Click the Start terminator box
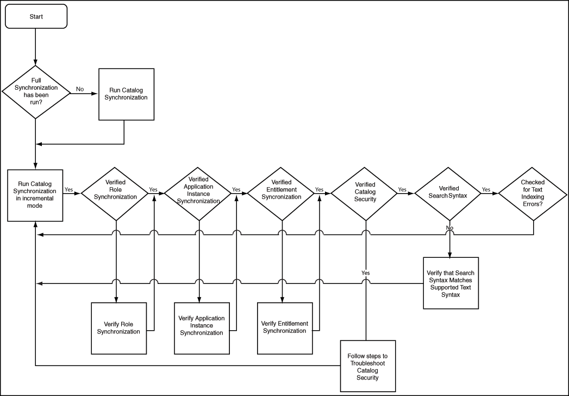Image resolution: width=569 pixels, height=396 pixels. point(36,16)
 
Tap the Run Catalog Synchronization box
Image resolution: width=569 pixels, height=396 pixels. point(126,94)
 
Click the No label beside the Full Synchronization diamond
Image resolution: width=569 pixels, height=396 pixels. point(80,89)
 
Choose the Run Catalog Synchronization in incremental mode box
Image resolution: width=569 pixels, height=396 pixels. point(35,195)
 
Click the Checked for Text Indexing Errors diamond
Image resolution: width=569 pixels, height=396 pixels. point(533,193)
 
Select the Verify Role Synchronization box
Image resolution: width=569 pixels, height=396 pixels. point(118,328)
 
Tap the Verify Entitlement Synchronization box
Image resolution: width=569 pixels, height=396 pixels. point(285,327)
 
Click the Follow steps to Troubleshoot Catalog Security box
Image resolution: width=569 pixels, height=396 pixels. point(367,366)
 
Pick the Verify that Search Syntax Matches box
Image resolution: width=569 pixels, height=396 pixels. point(451,283)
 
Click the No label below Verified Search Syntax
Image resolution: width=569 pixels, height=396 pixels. point(449,227)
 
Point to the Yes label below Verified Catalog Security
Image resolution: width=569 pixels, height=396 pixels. point(366,273)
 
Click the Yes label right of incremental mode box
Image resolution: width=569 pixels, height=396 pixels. point(70,190)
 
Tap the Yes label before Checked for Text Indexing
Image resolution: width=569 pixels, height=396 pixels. point(486,190)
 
